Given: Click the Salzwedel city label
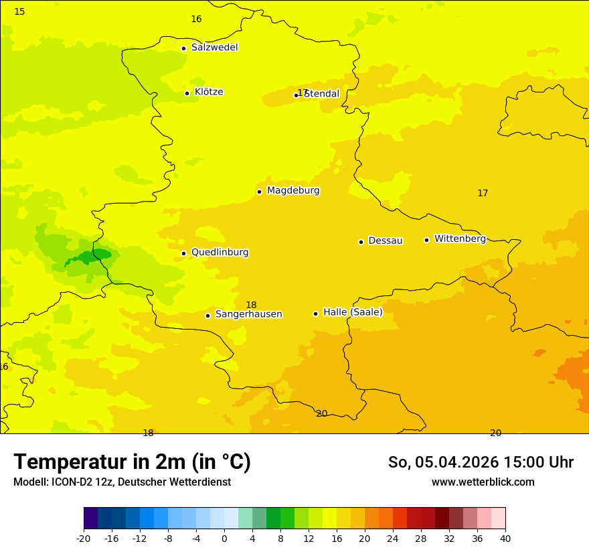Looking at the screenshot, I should coord(214,48).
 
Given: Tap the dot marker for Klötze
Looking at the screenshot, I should coord(187,93).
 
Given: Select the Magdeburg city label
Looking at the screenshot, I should coord(293,191).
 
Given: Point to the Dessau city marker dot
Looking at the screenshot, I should coord(361,242).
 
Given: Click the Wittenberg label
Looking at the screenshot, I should coord(460,239).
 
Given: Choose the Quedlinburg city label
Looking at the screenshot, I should coord(220,253).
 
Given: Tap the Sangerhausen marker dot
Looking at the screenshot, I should coord(207,316).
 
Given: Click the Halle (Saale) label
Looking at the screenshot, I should coord(353,312).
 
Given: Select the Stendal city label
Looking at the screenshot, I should coord(323,94).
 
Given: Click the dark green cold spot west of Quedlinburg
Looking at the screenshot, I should coord(92,256).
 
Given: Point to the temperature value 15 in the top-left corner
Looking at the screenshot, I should coord(19,11).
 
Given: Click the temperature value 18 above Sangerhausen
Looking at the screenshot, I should coord(251,305).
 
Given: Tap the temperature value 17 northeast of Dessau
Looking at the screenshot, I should coord(483,193).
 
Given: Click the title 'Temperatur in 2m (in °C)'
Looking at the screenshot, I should coord(132,462).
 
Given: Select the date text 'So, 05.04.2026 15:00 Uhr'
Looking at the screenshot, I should coord(481,462).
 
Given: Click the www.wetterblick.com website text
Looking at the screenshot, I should coord(483,482).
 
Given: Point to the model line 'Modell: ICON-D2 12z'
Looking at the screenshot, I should coord(122,482).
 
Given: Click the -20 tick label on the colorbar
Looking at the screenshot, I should coord(84,539).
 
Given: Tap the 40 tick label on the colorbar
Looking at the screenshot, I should coord(505,539).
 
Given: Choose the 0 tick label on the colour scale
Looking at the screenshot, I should coord(224,539).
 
